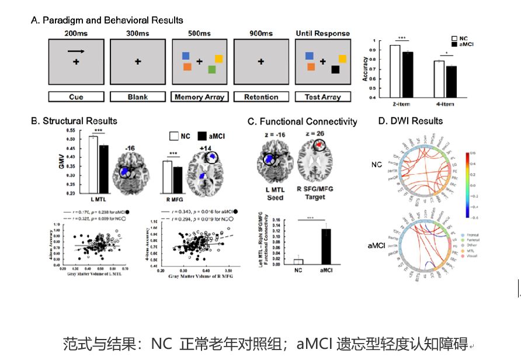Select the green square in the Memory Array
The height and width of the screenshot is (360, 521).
(211, 70)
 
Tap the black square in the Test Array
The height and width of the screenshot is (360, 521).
(335, 70)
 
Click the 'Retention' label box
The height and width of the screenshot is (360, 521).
(260, 97)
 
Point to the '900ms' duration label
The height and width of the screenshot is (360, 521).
(260, 33)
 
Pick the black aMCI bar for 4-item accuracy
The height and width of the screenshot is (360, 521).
(451, 81)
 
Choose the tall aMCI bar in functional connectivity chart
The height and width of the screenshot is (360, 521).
(327, 247)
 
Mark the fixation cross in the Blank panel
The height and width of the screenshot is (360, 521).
(137, 61)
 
